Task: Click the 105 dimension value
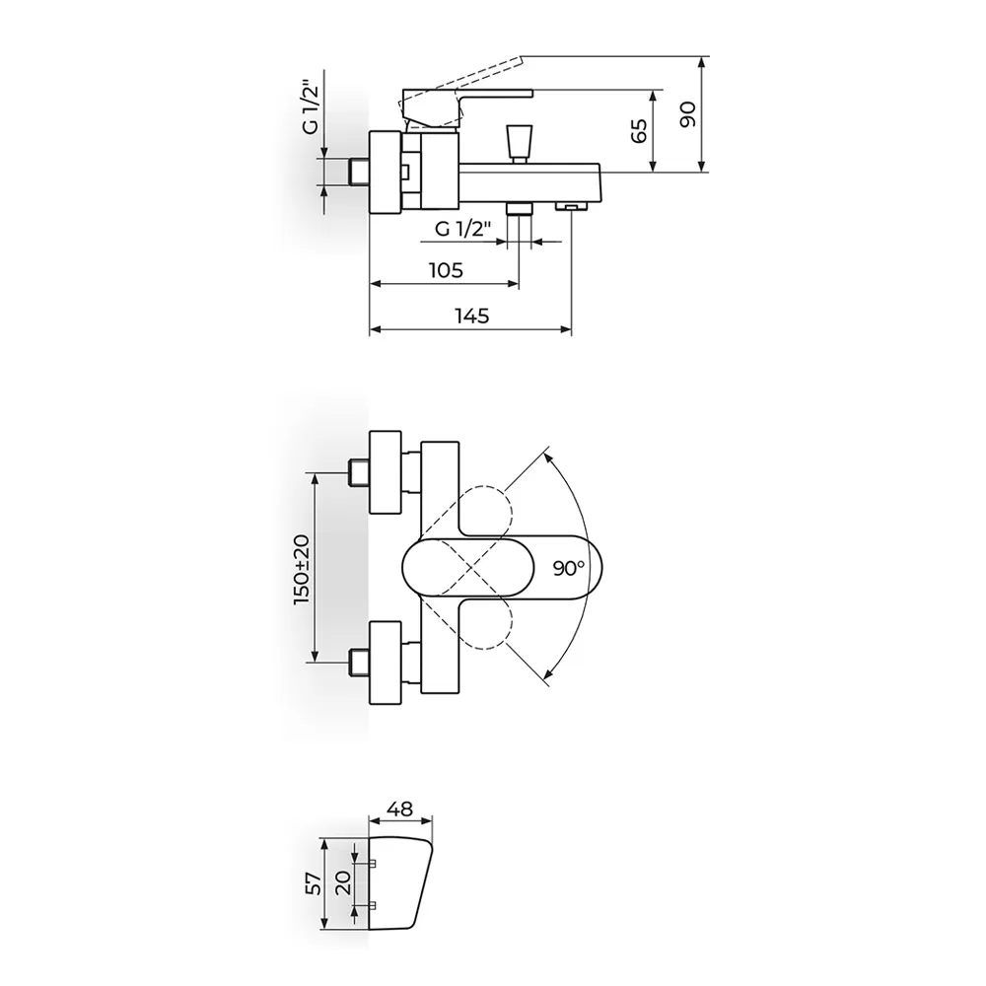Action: (x=446, y=270)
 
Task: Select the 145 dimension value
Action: (x=472, y=316)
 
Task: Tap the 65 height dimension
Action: (x=638, y=131)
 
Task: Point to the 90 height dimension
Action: (x=688, y=113)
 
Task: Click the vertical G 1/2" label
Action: (x=311, y=106)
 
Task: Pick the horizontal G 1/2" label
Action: (x=462, y=229)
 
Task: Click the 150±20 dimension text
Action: (x=303, y=569)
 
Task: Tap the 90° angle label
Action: (x=569, y=569)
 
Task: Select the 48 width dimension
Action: (x=400, y=809)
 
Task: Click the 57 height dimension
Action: (x=314, y=882)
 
